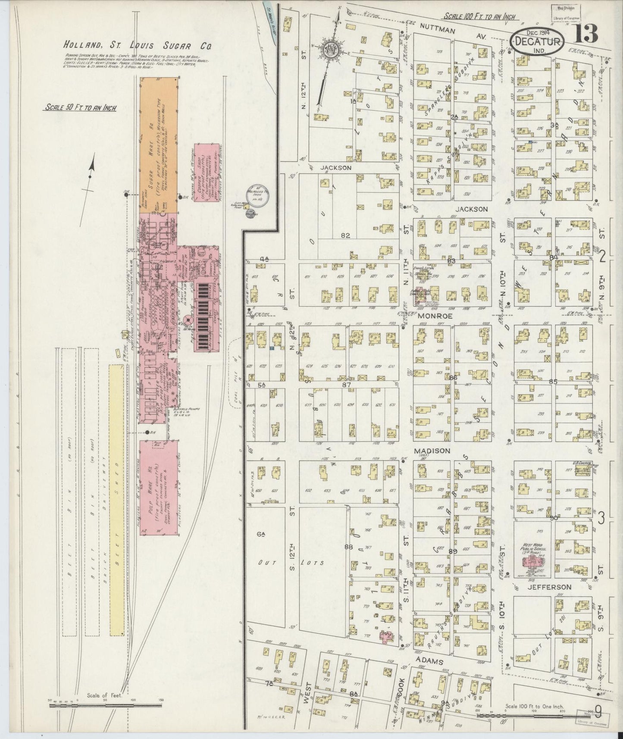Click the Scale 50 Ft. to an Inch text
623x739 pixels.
pos(81,108)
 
